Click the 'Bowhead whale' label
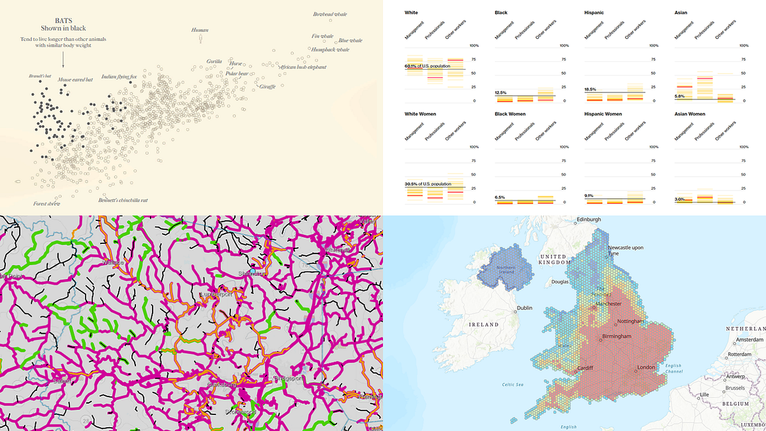coord(330,14)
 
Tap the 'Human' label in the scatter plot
coord(199,29)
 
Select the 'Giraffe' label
coord(267,86)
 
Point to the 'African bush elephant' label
coord(303,66)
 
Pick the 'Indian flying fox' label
coord(119,77)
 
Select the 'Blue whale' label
coord(350,40)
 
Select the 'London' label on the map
coord(647,368)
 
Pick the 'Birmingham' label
coord(613,336)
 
